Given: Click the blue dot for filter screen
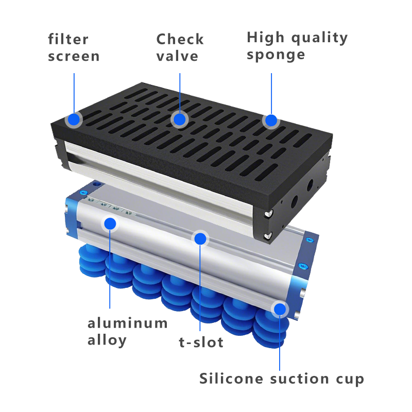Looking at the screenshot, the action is click(x=74, y=120).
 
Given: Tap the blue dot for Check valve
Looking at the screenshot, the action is click(x=180, y=119).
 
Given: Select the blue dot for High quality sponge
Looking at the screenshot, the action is click(x=271, y=121).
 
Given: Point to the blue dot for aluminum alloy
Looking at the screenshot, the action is click(x=110, y=224).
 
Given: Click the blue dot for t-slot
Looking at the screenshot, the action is click(x=200, y=239).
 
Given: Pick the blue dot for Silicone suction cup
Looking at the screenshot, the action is click(x=280, y=309).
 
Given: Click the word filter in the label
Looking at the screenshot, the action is click(x=68, y=40).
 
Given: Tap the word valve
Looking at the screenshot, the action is click(x=177, y=56).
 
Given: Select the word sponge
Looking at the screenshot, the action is click(x=276, y=55).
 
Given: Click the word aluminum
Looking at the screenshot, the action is click(x=127, y=323).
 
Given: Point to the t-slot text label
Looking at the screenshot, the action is click(x=201, y=342).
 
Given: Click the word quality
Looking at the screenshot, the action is click(x=320, y=38).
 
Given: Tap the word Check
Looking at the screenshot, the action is click(x=180, y=39).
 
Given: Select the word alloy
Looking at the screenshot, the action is click(x=107, y=340).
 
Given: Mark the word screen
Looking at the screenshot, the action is click(x=74, y=57).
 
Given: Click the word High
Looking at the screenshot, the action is click(x=266, y=38).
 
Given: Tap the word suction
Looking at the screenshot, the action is click(x=300, y=379).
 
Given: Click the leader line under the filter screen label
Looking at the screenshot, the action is click(x=74, y=93).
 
